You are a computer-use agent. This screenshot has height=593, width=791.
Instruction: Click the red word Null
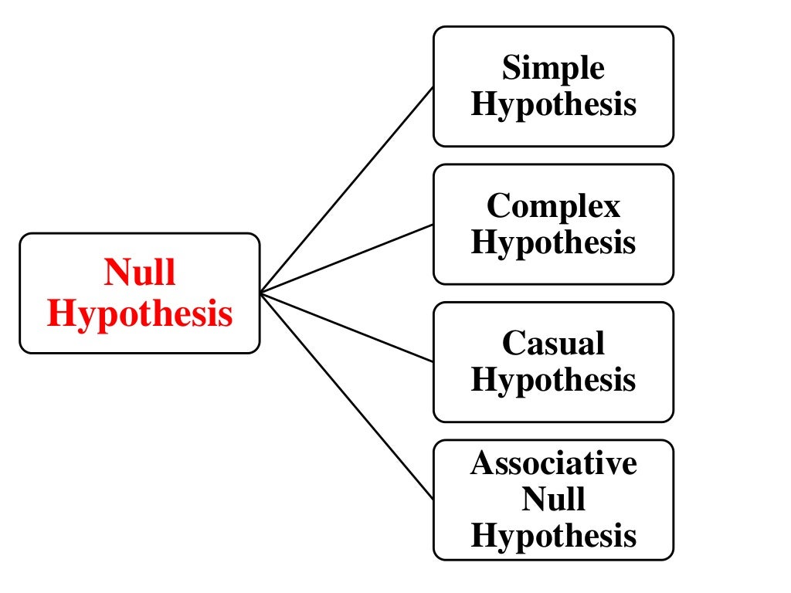click(140, 273)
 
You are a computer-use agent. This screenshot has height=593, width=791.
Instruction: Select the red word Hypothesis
click(140, 313)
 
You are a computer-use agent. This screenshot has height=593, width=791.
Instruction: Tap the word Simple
click(553, 69)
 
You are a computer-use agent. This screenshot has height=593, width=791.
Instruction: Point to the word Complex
click(553, 206)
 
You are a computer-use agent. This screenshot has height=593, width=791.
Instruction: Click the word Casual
click(553, 344)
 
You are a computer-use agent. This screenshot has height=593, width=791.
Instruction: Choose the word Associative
click(553, 463)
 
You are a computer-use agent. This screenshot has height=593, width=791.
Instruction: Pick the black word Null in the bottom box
click(553, 499)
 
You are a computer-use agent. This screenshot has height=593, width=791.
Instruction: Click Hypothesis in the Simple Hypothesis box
click(553, 105)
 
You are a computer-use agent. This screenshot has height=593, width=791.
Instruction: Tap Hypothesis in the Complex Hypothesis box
click(553, 242)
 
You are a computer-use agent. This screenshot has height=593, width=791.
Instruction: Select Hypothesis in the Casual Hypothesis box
click(553, 380)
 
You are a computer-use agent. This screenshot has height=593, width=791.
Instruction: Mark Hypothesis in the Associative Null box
click(553, 535)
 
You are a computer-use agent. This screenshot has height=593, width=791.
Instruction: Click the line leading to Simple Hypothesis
click(348, 189)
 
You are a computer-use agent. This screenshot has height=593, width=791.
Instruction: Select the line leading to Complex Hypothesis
click(348, 259)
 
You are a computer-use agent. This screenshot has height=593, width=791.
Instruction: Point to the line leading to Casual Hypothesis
click(348, 327)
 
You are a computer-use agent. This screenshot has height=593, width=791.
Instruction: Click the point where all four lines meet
click(261, 293)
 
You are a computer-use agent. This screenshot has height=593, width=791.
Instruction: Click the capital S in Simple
click(511, 69)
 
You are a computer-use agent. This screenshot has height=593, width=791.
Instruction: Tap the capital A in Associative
click(482, 463)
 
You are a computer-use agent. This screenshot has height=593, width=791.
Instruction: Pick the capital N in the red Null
click(116, 273)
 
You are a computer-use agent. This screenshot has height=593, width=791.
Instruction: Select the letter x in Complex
click(611, 207)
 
